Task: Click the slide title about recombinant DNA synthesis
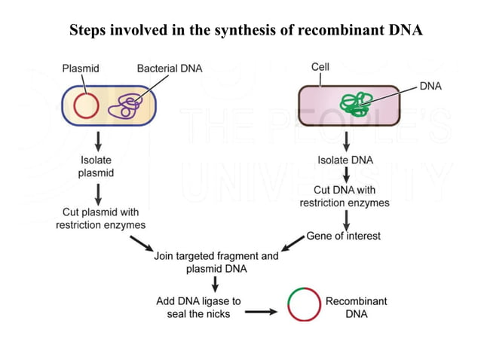tap(246, 30)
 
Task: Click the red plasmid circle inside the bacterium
tap(87, 105)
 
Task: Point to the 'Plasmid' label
tap(80, 69)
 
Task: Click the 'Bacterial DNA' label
tap(170, 69)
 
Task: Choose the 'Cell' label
tap(320, 67)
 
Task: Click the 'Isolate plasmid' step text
tap(97, 166)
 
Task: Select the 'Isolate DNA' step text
tap(345, 160)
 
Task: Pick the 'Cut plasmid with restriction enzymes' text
tap(100, 218)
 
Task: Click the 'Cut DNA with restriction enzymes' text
tap(345, 197)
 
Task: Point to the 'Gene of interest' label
tap(343, 236)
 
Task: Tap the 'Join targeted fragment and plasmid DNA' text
tap(216, 262)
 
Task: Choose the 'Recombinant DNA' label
tap(356, 307)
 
